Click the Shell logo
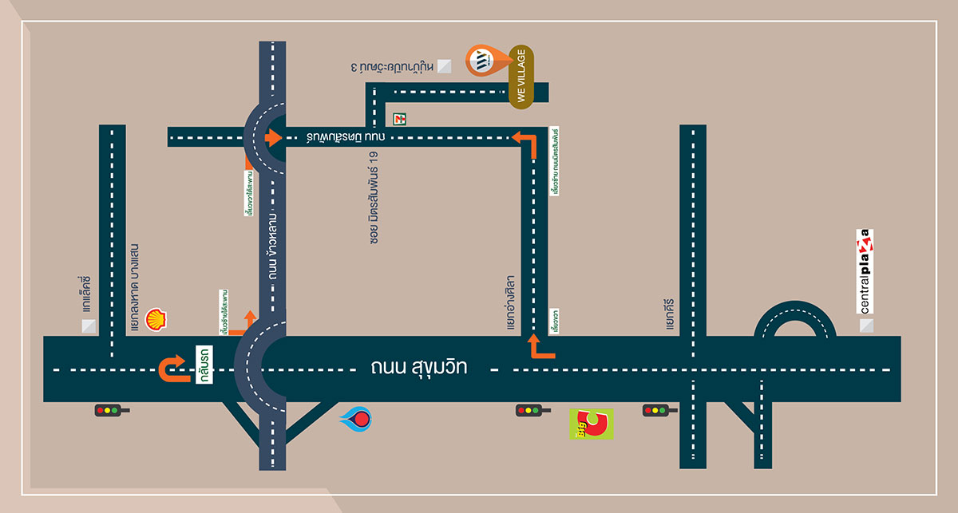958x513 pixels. tap(156, 320)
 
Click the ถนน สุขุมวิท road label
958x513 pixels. tap(418, 369)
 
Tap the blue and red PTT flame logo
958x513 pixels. tap(356, 419)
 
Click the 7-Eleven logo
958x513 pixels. tap(399, 118)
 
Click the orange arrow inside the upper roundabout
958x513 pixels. tap(272, 137)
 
